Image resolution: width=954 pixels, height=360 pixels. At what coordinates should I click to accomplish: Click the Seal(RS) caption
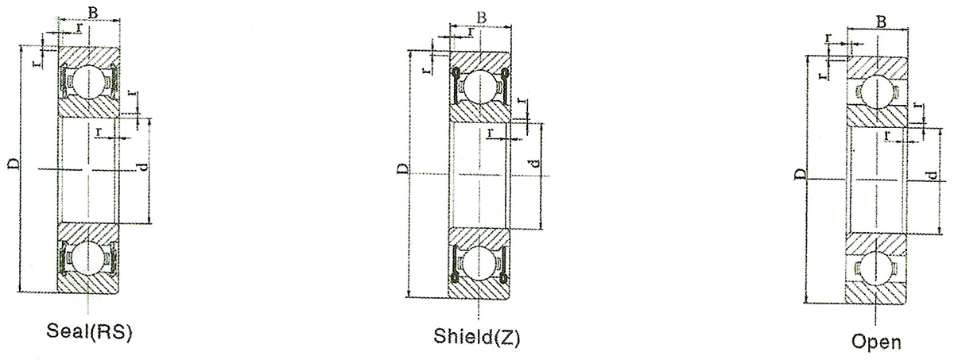(x=89, y=332)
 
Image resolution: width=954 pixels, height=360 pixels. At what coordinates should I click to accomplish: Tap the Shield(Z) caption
(x=477, y=337)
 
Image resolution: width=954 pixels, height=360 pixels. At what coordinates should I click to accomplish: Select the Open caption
(x=876, y=342)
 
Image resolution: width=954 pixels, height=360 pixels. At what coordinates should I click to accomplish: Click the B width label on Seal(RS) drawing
(x=92, y=13)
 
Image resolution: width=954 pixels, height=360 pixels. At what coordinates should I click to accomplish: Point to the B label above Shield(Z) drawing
(x=481, y=17)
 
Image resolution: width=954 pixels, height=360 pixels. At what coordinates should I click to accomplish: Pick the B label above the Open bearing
(x=880, y=21)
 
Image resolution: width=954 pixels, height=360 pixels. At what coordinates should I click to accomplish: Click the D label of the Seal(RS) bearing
(x=14, y=164)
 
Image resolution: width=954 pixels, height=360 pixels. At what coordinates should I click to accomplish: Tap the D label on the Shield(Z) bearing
(x=402, y=169)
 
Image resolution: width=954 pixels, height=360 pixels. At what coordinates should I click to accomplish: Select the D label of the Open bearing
(x=801, y=174)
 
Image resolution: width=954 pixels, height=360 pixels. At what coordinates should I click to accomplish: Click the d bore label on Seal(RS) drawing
(x=144, y=166)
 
